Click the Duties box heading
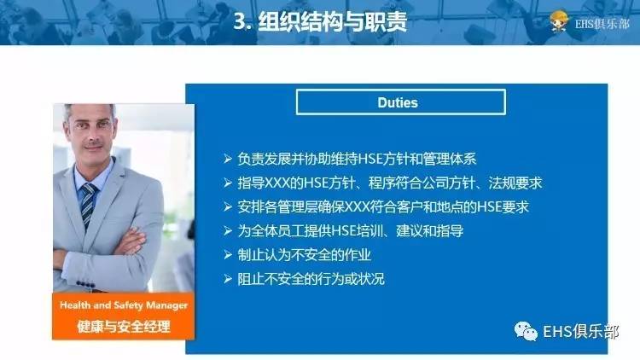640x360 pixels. pos(397,102)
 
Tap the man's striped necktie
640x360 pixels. pos(88,205)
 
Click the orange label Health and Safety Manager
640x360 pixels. pos(124,305)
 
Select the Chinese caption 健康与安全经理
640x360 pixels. pos(124,325)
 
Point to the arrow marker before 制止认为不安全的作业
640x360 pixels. pos(227,254)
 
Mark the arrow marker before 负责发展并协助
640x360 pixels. pos(227,159)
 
